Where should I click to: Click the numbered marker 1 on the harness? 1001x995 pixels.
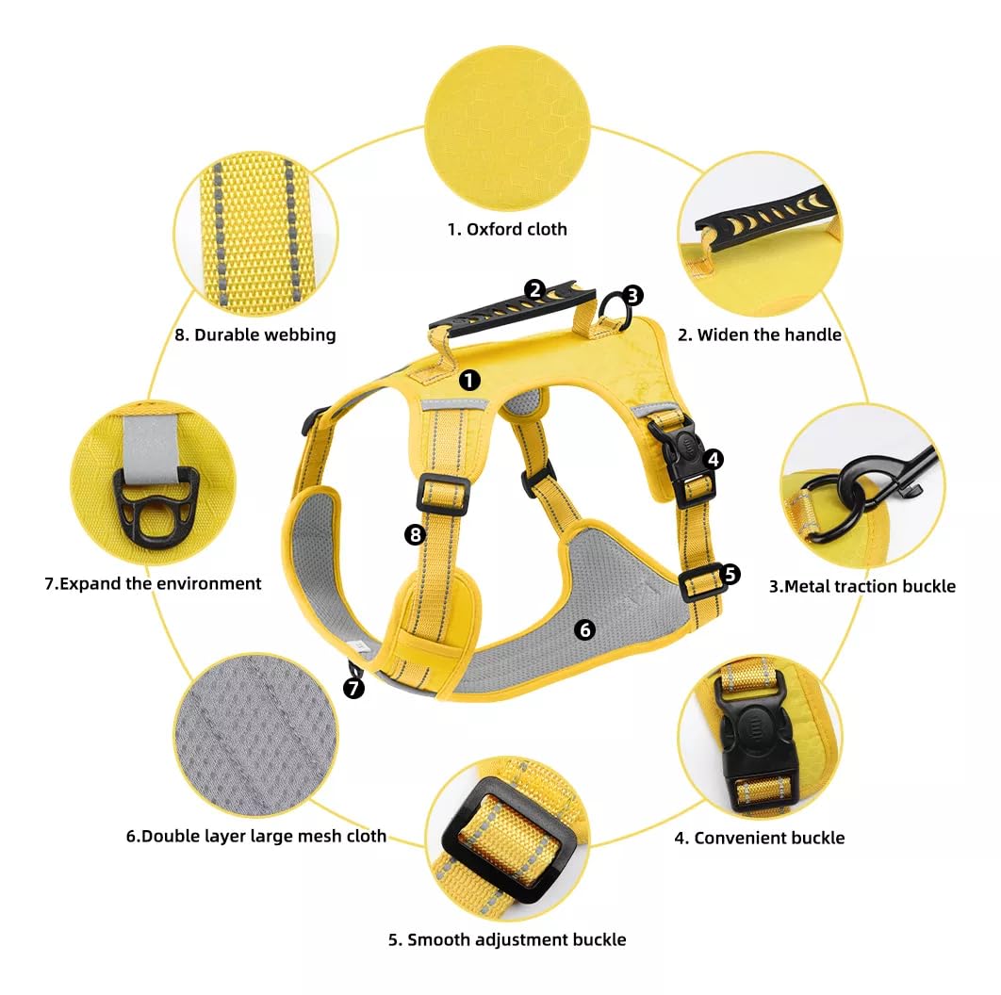pyautogui.click(x=469, y=381)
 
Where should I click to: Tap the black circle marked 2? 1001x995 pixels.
pyautogui.click(x=535, y=290)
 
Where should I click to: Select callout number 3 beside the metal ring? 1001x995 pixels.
pyautogui.click(x=632, y=295)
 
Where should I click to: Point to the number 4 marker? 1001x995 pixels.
pyautogui.click(x=714, y=459)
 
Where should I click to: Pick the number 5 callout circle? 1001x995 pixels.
pyautogui.click(x=730, y=574)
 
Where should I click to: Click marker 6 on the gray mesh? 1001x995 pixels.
pyautogui.click(x=584, y=630)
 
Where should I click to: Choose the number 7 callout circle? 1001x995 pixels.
pyautogui.click(x=353, y=688)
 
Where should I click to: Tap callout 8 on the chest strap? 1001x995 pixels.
pyautogui.click(x=415, y=534)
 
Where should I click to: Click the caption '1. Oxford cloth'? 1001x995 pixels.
pyautogui.click(x=507, y=229)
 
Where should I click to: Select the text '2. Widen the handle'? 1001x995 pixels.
pyautogui.click(x=760, y=335)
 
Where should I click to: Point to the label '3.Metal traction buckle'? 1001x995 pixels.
pyautogui.click(x=862, y=586)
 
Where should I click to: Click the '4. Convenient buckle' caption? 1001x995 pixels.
pyautogui.click(x=760, y=838)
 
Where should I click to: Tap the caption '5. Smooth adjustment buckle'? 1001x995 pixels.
pyautogui.click(x=507, y=939)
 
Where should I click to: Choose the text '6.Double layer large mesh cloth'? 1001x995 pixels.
pyautogui.click(x=256, y=836)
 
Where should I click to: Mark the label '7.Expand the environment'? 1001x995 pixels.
pyautogui.click(x=153, y=583)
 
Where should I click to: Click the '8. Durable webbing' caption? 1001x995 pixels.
pyautogui.click(x=255, y=335)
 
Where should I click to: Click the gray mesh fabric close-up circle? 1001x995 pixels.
pyautogui.click(x=256, y=735)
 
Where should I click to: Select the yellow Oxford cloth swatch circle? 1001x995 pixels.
pyautogui.click(x=507, y=127)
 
